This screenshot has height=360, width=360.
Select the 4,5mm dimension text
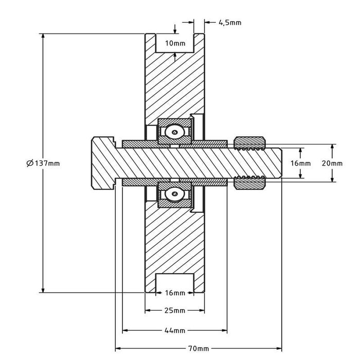pyautogui.click(x=229, y=22)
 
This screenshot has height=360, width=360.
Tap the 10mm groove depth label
pyautogui.click(x=175, y=43)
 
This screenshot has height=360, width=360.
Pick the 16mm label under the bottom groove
pyautogui.click(x=175, y=293)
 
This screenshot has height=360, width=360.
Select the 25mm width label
pyautogui.click(x=175, y=311)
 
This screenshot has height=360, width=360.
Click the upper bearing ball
pyautogui.click(x=175, y=132)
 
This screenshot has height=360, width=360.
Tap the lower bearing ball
pyautogui.click(x=175, y=194)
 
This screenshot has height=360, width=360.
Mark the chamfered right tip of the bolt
pyautogui.click(x=281, y=163)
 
